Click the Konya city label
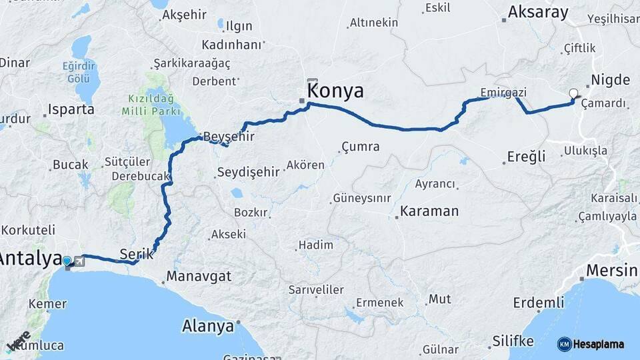pos(335,91)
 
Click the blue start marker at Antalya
pos(67,261)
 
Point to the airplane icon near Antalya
pos(80,261)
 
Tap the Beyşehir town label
pos(229,136)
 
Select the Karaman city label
pos(430,211)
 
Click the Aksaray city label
pos(538,12)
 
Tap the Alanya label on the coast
pos(208,327)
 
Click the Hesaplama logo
pos(591,344)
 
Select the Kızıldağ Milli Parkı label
pos(151,105)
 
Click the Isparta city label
pos(71,109)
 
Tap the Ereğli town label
pos(526,157)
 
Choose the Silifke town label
pos(513,341)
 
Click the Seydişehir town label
pos(248,172)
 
